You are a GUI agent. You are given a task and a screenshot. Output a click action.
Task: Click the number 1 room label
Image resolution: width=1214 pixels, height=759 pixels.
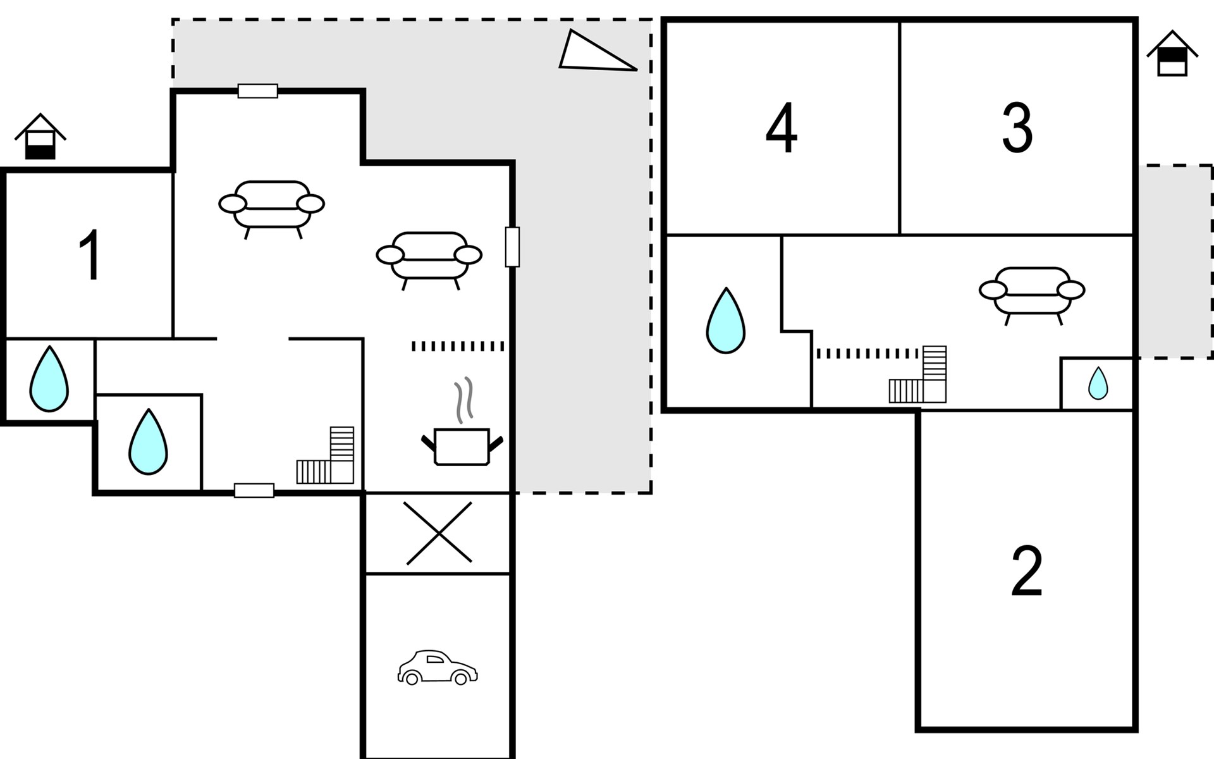click(x=90, y=256)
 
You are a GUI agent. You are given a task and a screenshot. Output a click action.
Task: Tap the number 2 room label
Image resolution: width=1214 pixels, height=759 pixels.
click(x=1026, y=572)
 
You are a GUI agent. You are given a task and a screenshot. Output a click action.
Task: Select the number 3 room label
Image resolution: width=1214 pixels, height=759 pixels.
click(x=1017, y=128)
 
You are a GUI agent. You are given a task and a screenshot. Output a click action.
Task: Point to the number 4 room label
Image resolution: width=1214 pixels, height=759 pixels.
click(x=782, y=128)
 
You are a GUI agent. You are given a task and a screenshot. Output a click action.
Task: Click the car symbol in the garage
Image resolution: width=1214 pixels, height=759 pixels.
click(x=438, y=667)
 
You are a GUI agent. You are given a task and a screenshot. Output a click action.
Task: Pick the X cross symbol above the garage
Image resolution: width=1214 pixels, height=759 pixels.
click(x=439, y=533)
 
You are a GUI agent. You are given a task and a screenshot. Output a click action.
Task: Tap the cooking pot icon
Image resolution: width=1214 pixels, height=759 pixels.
click(x=462, y=447)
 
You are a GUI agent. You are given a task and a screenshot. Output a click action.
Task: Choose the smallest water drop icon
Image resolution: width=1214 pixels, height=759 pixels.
click(x=1098, y=383)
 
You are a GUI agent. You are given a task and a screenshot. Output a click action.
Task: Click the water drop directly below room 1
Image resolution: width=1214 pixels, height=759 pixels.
click(x=49, y=379)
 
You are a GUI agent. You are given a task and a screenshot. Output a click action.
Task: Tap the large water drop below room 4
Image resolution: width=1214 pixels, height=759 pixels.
click(x=725, y=321)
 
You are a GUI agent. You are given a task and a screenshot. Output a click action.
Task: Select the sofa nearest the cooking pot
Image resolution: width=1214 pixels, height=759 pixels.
click(x=429, y=257)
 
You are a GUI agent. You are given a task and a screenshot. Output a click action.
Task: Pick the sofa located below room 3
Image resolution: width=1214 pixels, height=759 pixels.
click(x=1032, y=292)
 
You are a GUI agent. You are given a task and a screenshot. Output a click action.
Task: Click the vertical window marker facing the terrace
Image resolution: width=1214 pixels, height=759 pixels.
click(x=512, y=247)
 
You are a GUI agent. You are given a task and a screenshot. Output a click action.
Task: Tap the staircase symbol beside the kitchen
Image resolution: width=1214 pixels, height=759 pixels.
click(x=326, y=457)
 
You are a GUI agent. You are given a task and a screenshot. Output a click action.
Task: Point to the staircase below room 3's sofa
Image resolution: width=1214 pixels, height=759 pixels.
click(x=919, y=376)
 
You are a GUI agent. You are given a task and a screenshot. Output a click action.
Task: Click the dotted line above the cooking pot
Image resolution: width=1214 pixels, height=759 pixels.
click(x=458, y=346)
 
